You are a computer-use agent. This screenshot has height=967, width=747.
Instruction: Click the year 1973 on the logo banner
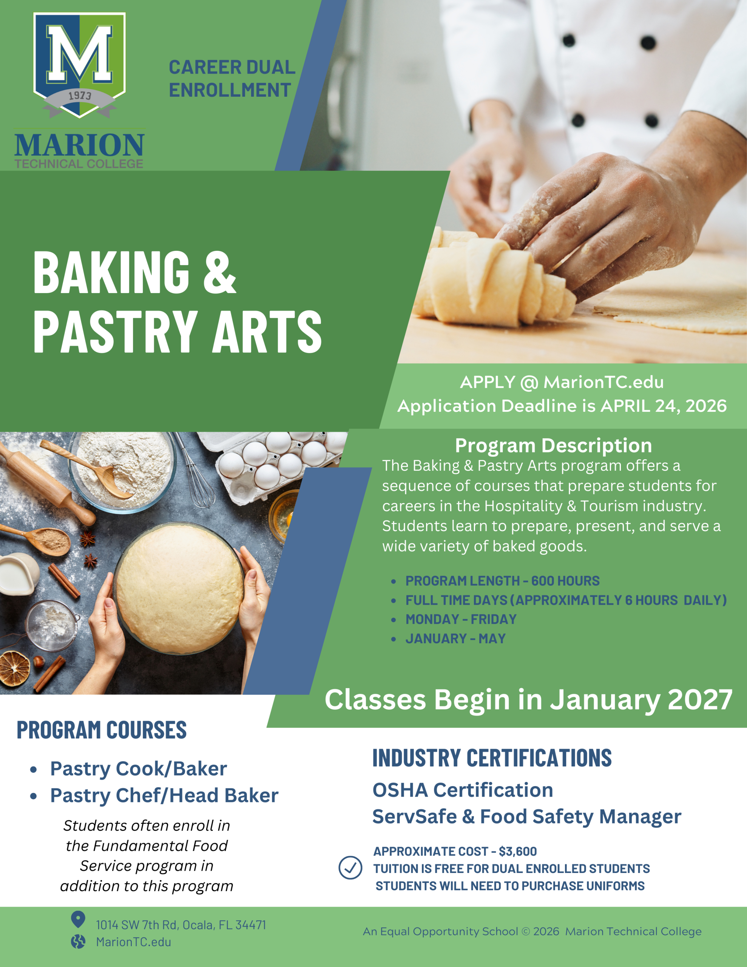click(x=80, y=96)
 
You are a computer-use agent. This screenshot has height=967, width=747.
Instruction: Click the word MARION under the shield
click(x=79, y=145)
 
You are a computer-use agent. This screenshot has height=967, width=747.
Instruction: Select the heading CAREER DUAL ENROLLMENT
click(x=232, y=79)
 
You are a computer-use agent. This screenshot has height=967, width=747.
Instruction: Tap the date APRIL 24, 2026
click(x=663, y=406)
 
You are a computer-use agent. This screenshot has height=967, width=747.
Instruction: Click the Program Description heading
click(x=554, y=445)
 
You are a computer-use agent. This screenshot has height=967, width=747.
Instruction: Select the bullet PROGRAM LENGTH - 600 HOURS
click(x=502, y=581)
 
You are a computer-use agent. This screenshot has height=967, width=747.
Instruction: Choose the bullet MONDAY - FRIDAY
click(x=461, y=619)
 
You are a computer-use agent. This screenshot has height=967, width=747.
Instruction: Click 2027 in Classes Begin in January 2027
click(x=700, y=700)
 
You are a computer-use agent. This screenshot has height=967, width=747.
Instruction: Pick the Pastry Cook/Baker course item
click(x=138, y=769)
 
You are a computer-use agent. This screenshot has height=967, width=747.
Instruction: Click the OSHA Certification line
click(x=463, y=790)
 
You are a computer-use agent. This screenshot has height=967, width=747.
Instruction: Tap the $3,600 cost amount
click(x=518, y=851)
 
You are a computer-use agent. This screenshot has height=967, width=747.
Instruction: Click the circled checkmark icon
click(x=350, y=868)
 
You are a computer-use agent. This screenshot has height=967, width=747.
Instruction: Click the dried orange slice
click(x=14, y=669)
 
